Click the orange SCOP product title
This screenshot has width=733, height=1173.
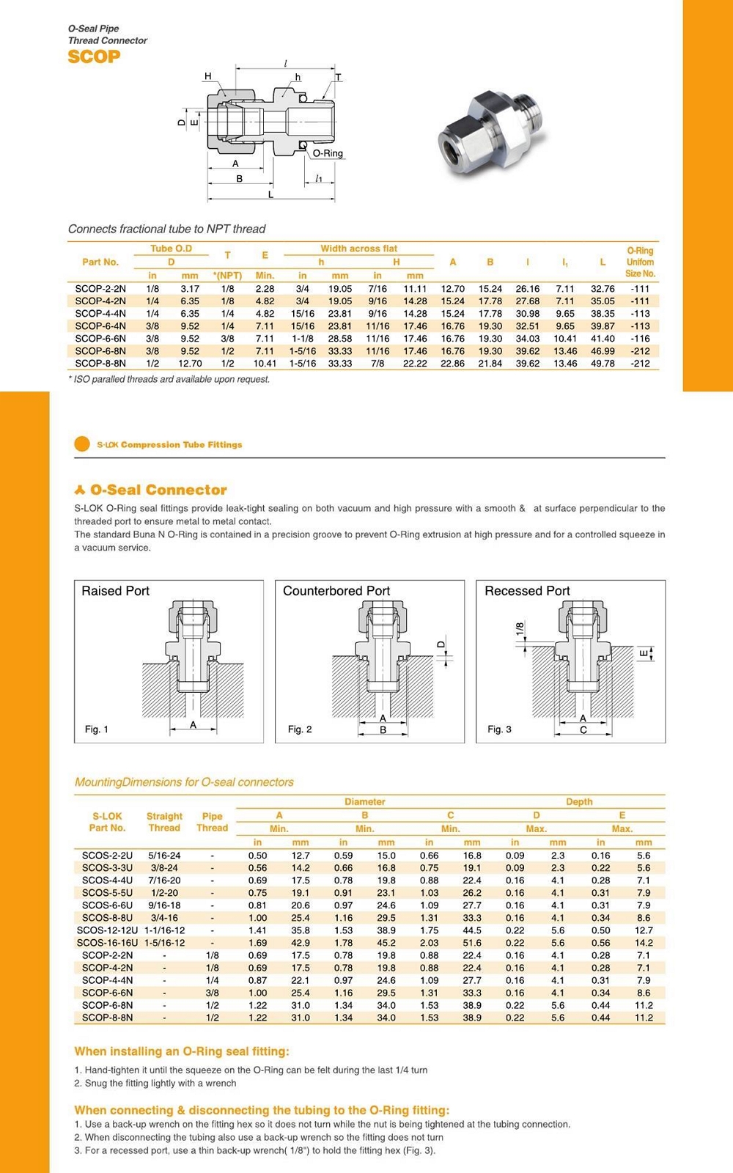pyautogui.click(x=94, y=56)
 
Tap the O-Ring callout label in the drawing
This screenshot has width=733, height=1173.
pyautogui.click(x=328, y=153)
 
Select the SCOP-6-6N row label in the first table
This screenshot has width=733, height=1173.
pyautogui.click(x=100, y=339)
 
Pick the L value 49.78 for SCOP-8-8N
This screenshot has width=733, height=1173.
pyautogui.click(x=603, y=364)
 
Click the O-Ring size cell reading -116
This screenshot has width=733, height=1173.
pyautogui.click(x=640, y=339)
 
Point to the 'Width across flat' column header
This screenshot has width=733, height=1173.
pyautogui.click(x=358, y=249)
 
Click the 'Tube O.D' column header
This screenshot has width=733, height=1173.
pyautogui.click(x=171, y=249)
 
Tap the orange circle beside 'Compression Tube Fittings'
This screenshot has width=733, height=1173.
pyautogui.click(x=82, y=444)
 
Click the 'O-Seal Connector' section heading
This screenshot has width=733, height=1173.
pyautogui.click(x=158, y=490)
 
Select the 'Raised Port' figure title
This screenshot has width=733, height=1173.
pyautogui.click(x=115, y=591)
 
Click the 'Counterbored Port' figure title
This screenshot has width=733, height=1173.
pyautogui.click(x=336, y=591)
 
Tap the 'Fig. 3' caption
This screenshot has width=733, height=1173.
pyautogui.click(x=499, y=729)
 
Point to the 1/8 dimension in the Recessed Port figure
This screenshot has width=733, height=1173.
pyautogui.click(x=520, y=629)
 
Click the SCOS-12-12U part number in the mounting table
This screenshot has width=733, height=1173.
pyautogui.click(x=107, y=930)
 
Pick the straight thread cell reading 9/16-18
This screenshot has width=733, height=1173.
pyautogui.click(x=164, y=905)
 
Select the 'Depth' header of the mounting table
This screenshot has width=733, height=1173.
pyautogui.click(x=579, y=802)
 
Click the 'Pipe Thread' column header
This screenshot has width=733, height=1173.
pyautogui.click(x=212, y=822)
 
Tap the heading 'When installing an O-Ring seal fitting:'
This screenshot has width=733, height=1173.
pyautogui.click(x=182, y=1051)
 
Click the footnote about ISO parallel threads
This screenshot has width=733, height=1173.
pyautogui.click(x=169, y=379)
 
